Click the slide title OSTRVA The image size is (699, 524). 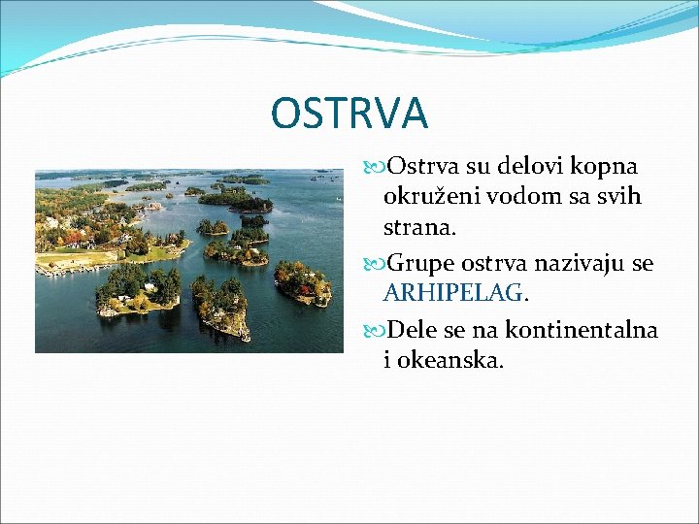tap(349, 113)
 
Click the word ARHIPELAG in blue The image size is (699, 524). tap(453, 293)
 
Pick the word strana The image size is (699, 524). tap(417, 228)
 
